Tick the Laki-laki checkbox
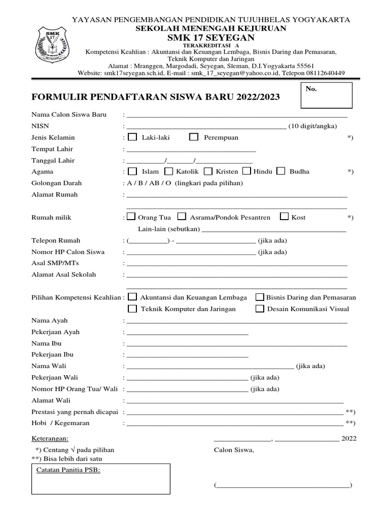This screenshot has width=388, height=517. pyautogui.click(x=132, y=137)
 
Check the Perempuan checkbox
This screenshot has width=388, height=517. pyautogui.click(x=193, y=137)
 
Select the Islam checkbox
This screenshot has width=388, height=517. pyautogui.click(x=132, y=171)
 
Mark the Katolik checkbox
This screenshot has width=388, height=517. pyautogui.click(x=169, y=171)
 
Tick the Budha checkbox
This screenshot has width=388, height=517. pyautogui.click(x=281, y=171)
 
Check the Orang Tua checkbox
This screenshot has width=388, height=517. pyautogui.click(x=131, y=217)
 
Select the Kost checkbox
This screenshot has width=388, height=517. pyautogui.click(x=284, y=217)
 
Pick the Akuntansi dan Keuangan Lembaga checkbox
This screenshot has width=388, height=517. pyautogui.click(x=132, y=297)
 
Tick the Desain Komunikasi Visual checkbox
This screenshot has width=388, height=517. pyautogui.click(x=260, y=308)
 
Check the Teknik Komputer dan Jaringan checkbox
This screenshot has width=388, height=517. pyautogui.click(x=132, y=308)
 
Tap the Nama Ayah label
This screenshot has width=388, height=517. pyautogui.click(x=50, y=321)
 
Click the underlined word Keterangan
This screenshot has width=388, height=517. pyautogui.click(x=50, y=438)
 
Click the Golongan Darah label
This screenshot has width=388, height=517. pyautogui.click(x=57, y=183)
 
